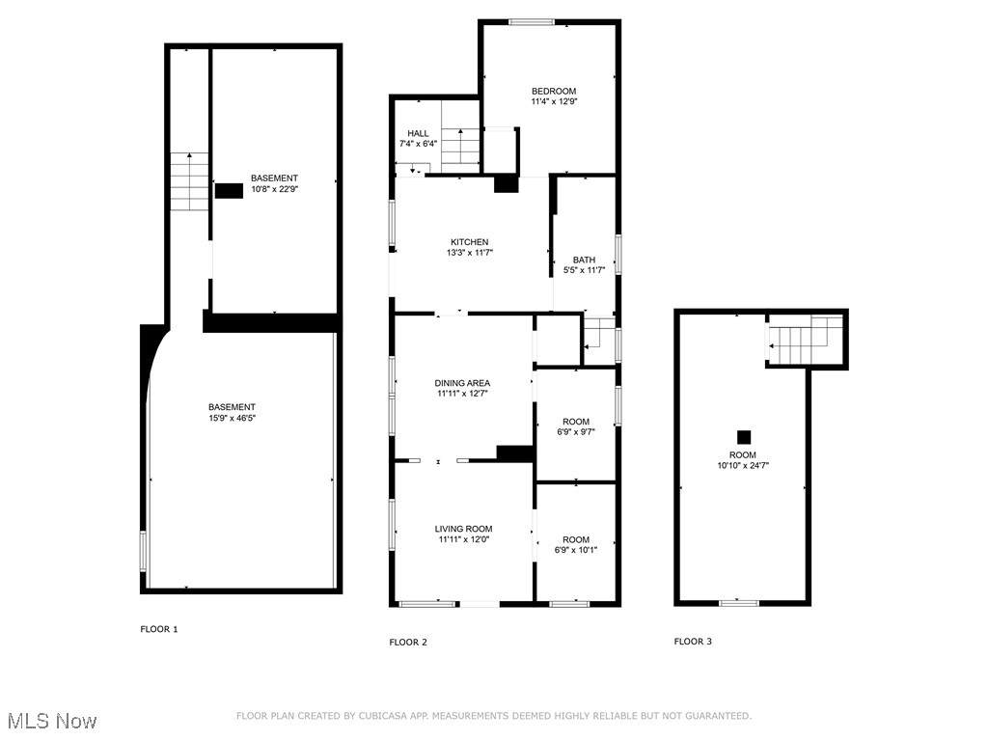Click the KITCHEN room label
tap(470, 242)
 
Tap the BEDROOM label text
tap(554, 91)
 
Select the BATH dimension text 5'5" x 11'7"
tap(584, 270)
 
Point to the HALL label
tap(418, 133)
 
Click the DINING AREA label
tap(462, 383)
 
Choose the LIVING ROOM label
tap(464, 530)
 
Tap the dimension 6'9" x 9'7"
tap(576, 432)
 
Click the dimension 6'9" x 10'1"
tap(576, 550)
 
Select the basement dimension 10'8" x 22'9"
tap(274, 189)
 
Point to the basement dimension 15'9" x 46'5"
tap(232, 418)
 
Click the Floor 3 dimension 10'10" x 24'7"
tap(743, 466)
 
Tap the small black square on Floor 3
tap(744, 437)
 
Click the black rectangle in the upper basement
tap(229, 191)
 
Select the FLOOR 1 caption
tap(159, 629)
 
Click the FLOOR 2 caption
tap(408, 642)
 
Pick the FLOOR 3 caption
tap(693, 642)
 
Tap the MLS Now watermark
tap(53, 721)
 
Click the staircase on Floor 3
tap(807, 340)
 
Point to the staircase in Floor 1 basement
tap(189, 182)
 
